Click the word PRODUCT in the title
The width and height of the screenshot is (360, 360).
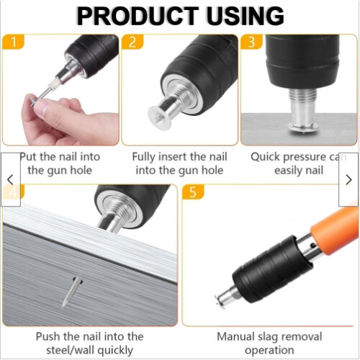(x=138, y=16)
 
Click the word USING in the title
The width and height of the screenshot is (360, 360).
(x=245, y=16)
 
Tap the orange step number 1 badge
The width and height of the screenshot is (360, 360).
(x=14, y=42)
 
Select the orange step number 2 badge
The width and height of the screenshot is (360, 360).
(x=132, y=42)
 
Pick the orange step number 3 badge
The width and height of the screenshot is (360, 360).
(x=251, y=42)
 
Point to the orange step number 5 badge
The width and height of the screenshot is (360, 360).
(x=193, y=192)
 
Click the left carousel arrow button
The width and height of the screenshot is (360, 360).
(x=11, y=179)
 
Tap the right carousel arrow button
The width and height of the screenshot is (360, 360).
(x=348, y=179)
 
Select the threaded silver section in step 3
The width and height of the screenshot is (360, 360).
(x=303, y=95)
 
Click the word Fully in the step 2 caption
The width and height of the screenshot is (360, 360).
(x=144, y=158)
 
